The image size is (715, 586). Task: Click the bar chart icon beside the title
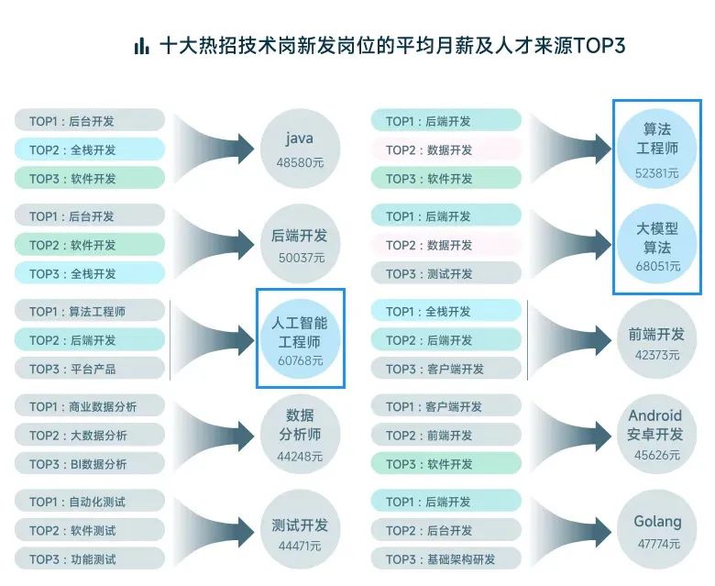coord(141,46)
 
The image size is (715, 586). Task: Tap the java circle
coord(300,148)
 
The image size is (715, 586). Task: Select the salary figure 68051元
coord(657,266)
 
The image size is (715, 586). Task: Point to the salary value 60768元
coord(300,360)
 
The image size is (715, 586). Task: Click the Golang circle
coord(657,530)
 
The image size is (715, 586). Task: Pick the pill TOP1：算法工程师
coord(90,311)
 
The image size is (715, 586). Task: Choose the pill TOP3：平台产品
coord(90,369)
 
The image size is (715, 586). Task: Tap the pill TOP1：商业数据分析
coord(90,406)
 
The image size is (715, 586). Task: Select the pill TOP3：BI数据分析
coord(90,464)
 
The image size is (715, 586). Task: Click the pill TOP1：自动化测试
coord(90,502)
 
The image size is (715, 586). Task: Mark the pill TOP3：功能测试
coord(90,559)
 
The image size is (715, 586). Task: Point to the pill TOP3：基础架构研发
coord(446,559)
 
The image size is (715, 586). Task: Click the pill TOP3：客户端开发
coord(446,369)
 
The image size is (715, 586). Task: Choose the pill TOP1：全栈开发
coord(446,311)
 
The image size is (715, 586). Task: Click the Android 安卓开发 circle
coord(657,435)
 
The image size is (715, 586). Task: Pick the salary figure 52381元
coord(657,171)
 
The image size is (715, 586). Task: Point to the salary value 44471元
coord(300,546)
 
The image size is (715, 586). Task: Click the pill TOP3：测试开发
coord(446,273)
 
